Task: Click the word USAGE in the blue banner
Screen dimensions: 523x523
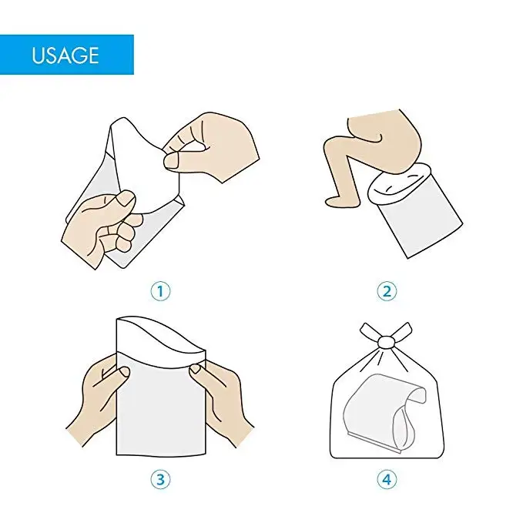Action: click(x=65, y=55)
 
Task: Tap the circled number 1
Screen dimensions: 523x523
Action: click(x=160, y=291)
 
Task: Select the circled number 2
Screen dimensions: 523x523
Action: click(x=387, y=291)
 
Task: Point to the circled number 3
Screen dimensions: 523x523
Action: click(x=160, y=478)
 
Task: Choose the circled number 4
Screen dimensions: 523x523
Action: click(x=387, y=478)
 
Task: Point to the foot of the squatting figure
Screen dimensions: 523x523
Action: click(x=339, y=200)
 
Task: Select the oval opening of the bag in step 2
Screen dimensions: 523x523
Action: click(x=400, y=183)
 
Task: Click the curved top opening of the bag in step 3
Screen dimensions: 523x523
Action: click(x=162, y=339)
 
